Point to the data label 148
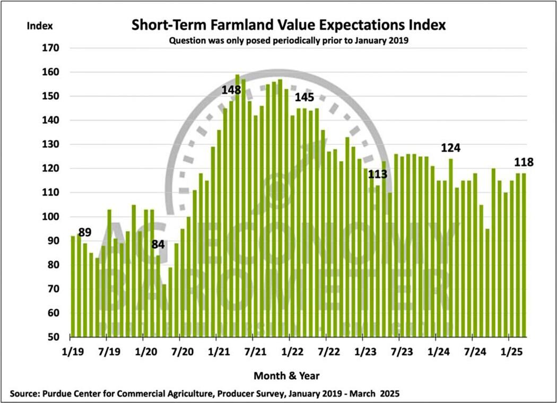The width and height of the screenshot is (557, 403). (x=231, y=90)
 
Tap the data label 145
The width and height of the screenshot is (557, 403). (x=304, y=97)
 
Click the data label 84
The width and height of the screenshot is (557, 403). (x=159, y=245)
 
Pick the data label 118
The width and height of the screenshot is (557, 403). (x=523, y=162)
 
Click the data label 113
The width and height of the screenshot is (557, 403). (x=378, y=174)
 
